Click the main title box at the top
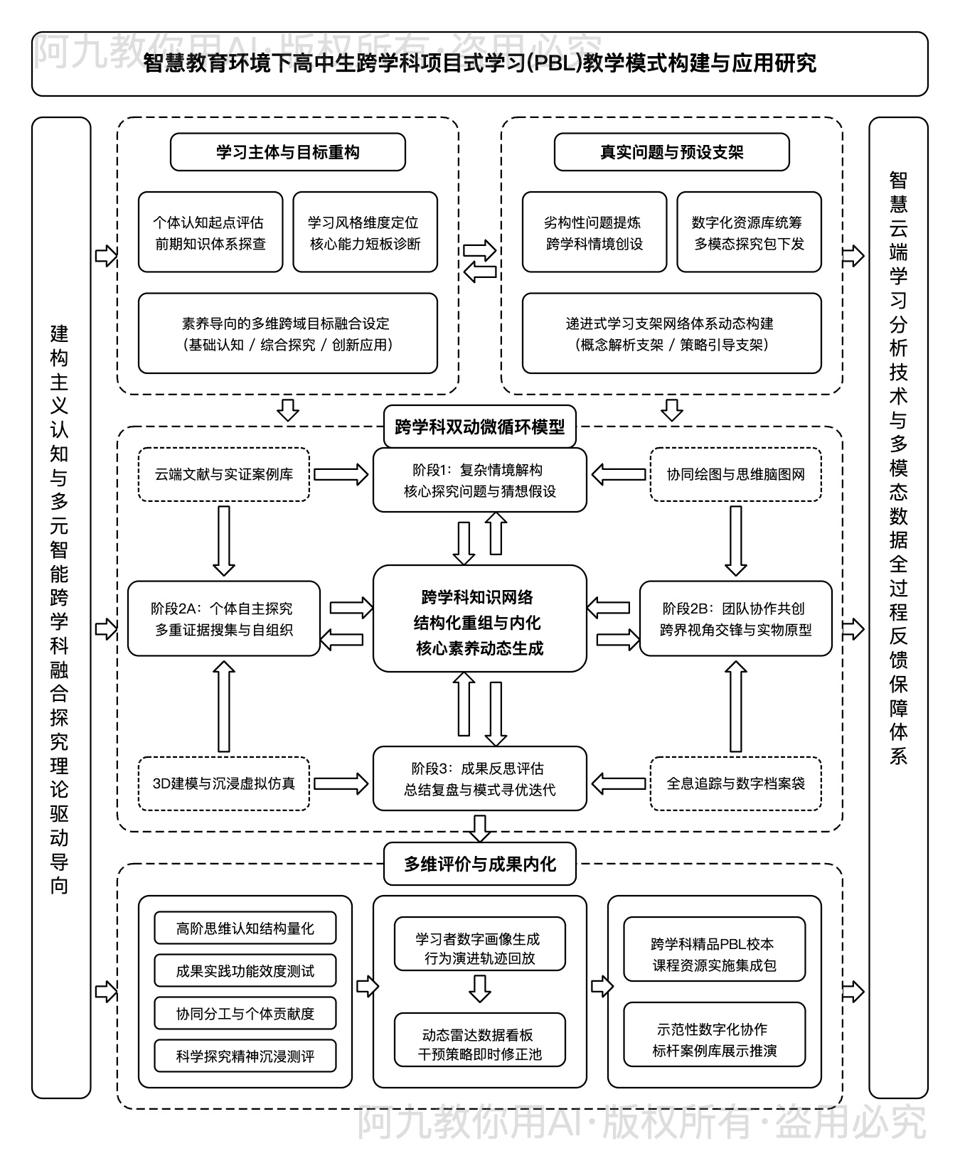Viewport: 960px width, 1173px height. click(x=480, y=64)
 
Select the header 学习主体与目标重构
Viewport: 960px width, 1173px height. click(x=288, y=152)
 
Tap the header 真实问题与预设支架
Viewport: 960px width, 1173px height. click(x=671, y=152)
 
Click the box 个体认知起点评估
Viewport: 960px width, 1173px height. click(x=210, y=232)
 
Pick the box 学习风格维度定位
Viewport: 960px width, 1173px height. click(x=365, y=232)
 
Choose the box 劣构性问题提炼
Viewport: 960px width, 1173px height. click(x=594, y=232)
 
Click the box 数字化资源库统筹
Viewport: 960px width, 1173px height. click(x=749, y=232)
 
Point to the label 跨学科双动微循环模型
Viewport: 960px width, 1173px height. click(x=480, y=427)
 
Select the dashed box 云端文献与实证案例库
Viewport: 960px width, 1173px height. click(x=224, y=474)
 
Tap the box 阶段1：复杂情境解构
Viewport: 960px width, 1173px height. click(x=480, y=480)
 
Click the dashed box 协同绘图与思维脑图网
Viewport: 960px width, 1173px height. click(x=736, y=474)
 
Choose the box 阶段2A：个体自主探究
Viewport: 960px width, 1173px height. click(x=224, y=618)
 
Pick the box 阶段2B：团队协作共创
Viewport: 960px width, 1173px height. click(x=736, y=618)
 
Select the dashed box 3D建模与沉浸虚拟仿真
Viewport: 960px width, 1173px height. click(x=224, y=783)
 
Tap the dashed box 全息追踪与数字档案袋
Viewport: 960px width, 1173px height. click(x=736, y=783)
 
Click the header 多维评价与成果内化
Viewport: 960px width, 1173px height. click(x=480, y=864)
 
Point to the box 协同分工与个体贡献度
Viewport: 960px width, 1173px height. click(x=245, y=1014)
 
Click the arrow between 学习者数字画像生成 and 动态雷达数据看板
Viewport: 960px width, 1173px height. click(x=480, y=988)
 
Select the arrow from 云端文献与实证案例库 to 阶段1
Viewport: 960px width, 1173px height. click(x=341, y=474)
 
